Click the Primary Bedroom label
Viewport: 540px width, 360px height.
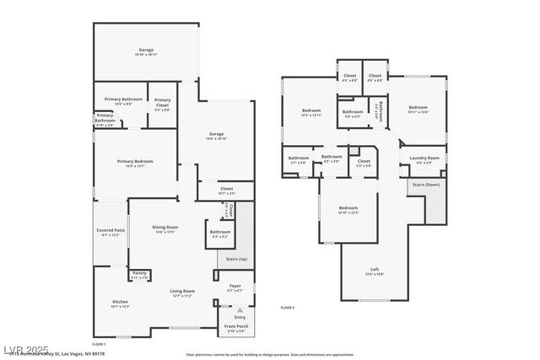tap(135, 163)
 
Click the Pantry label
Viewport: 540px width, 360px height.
tap(139, 275)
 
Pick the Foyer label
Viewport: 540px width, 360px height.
tap(235, 287)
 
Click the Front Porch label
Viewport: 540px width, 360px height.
tap(235, 327)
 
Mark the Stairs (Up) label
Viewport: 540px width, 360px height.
tap(237, 259)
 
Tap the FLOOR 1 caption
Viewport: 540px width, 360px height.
tap(99, 345)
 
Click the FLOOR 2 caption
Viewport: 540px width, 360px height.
tap(287, 308)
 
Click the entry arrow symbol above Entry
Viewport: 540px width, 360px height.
tap(240, 310)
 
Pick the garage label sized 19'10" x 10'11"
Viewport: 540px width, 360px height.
tap(147, 52)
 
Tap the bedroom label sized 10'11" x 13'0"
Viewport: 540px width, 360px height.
tap(418, 110)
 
